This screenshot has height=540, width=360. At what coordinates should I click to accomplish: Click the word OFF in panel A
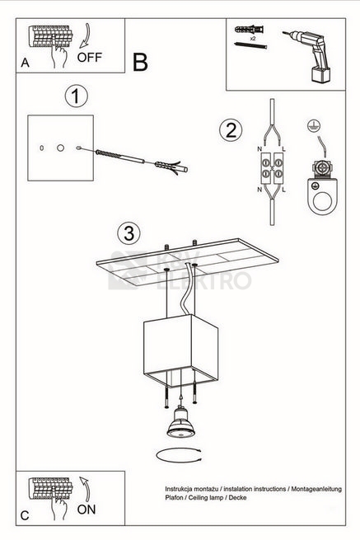pos(90,57)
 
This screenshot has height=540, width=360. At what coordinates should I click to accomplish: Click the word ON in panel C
pos(86,509)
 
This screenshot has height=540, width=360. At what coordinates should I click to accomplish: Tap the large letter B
pos(140,63)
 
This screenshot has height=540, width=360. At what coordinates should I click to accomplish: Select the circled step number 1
pos(76,96)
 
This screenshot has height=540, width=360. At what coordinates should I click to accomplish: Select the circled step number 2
pos(231,130)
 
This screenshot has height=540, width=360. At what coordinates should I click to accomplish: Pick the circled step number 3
pos(129,232)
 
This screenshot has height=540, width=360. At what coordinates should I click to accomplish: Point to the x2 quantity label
pos(253,39)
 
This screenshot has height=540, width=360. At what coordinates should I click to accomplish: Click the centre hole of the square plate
pos(61,148)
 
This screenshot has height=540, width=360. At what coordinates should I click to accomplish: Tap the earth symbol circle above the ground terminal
pos(314,125)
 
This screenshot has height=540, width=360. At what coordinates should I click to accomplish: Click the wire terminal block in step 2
pos(272,167)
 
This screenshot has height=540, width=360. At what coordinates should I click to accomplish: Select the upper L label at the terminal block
pos(284,149)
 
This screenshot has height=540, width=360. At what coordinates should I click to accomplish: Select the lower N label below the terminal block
pos(259,190)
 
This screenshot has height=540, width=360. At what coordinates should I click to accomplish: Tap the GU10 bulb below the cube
pos(181,422)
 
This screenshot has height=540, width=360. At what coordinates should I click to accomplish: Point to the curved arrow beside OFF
pos(85,35)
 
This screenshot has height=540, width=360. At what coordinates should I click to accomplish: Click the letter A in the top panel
pos(25,63)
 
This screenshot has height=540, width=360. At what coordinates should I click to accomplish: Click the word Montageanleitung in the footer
pos(316,489)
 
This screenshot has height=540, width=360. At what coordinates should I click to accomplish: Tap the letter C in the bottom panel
pos(25,515)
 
